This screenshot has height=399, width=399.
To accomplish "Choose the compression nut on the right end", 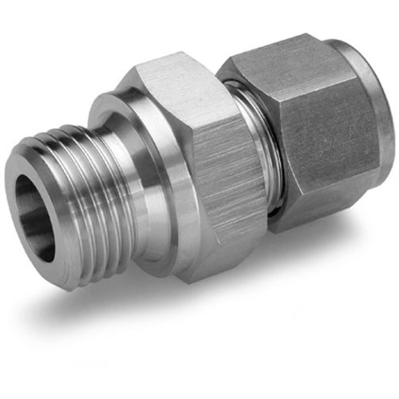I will pyautogui.click(x=319, y=136).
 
